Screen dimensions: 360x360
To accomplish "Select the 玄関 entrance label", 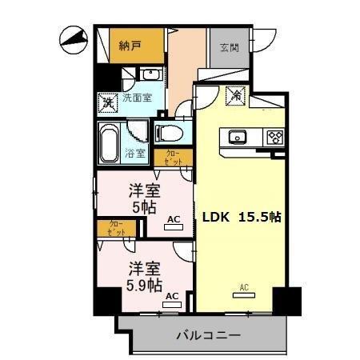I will tap(229, 47).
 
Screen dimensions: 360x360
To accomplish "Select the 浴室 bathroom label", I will tap(135, 153).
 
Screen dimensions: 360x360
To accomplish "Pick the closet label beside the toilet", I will tap(174, 158).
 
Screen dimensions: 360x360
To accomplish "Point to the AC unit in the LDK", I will tap(242, 291).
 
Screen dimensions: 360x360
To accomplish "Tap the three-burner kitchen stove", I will tap(274, 137).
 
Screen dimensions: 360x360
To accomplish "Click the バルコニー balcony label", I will tap(208, 335).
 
